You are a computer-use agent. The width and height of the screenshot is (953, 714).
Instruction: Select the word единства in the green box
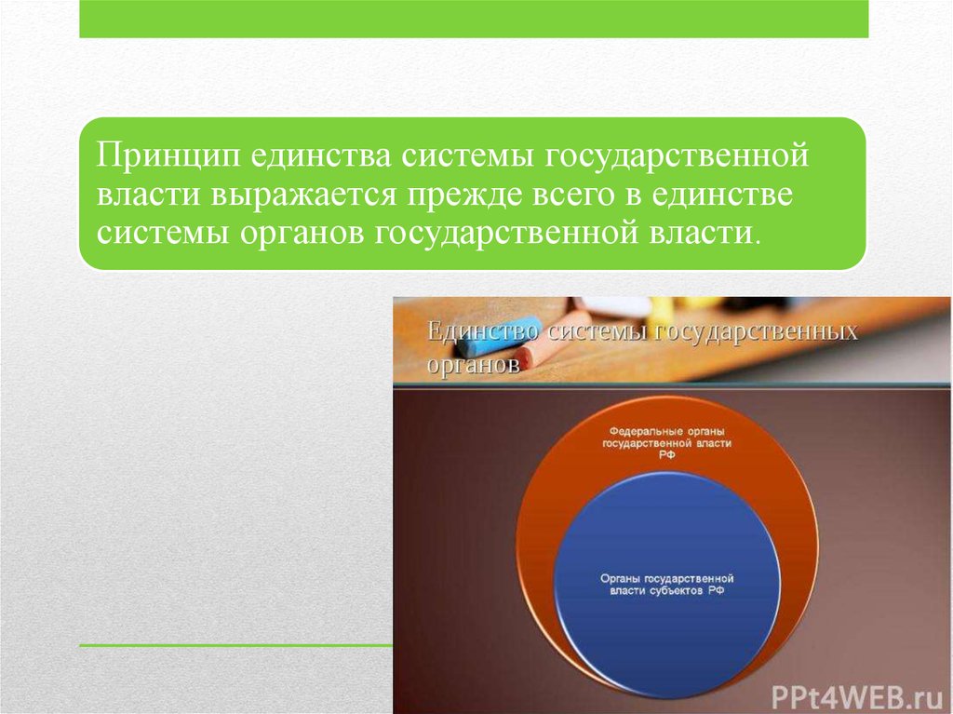click(x=319, y=155)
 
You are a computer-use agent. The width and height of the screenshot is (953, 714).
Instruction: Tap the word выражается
click(x=304, y=195)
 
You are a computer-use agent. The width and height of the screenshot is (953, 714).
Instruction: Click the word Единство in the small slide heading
click(x=483, y=331)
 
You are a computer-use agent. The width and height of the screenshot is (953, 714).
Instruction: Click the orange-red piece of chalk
click(x=553, y=342)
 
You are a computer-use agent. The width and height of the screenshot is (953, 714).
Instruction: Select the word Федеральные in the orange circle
click(x=638, y=431)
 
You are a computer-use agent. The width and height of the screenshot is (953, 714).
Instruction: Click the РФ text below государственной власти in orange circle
click(x=666, y=455)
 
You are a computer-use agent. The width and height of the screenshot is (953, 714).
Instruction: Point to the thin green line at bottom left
click(x=236, y=645)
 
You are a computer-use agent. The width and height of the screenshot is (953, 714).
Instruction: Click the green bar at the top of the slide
click(x=474, y=19)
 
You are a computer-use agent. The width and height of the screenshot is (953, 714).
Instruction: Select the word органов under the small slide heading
click(x=474, y=364)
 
